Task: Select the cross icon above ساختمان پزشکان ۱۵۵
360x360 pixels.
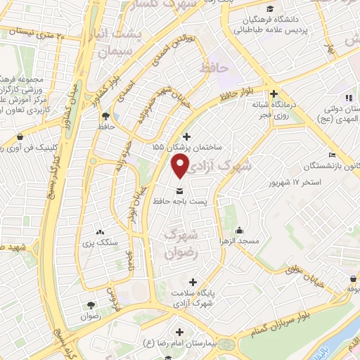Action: click(x=186, y=136)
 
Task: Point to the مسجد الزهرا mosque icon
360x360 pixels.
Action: click(x=240, y=230)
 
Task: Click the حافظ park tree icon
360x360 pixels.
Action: click(x=105, y=116)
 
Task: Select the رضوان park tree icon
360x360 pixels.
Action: click(x=91, y=305)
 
